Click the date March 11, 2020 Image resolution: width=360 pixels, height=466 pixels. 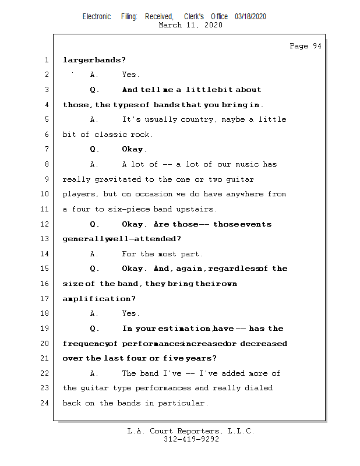coord(190,25)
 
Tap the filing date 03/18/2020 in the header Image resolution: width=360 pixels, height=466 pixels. coord(250,17)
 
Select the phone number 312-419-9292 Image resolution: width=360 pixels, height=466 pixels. coord(191,439)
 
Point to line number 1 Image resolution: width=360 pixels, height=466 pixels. coord(45,59)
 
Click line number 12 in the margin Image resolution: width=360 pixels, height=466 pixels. coord(45,224)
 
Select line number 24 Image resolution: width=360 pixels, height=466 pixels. coord(45,403)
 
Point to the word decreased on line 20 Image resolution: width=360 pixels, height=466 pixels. coord(263,344)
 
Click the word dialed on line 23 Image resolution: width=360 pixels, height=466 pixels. coord(259,388)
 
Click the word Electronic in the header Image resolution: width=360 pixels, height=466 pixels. coord(97,17)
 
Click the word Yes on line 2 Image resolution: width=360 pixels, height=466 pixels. coord(130,75)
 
